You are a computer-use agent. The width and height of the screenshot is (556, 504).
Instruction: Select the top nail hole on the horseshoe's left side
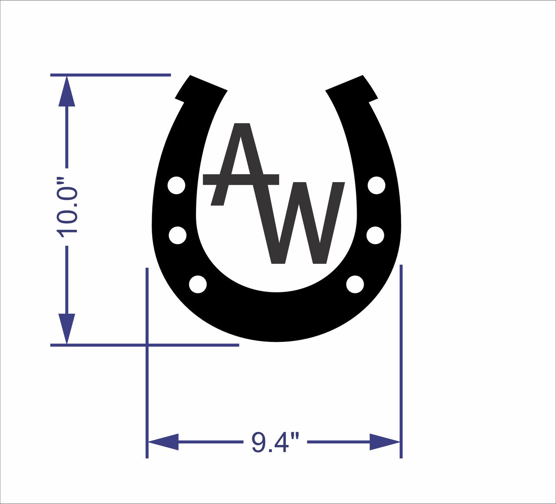tap(176, 186)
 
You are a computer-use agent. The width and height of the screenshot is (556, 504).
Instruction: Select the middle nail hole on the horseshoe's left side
tap(177, 235)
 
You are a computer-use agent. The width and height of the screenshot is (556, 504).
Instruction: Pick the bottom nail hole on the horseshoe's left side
tap(198, 285)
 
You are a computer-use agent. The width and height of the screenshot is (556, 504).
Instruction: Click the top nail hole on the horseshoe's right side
tap(377, 185)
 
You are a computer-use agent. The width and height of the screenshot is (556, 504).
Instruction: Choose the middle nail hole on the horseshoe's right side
tap(375, 235)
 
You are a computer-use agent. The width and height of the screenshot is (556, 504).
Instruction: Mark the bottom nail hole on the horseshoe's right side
tap(355, 285)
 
